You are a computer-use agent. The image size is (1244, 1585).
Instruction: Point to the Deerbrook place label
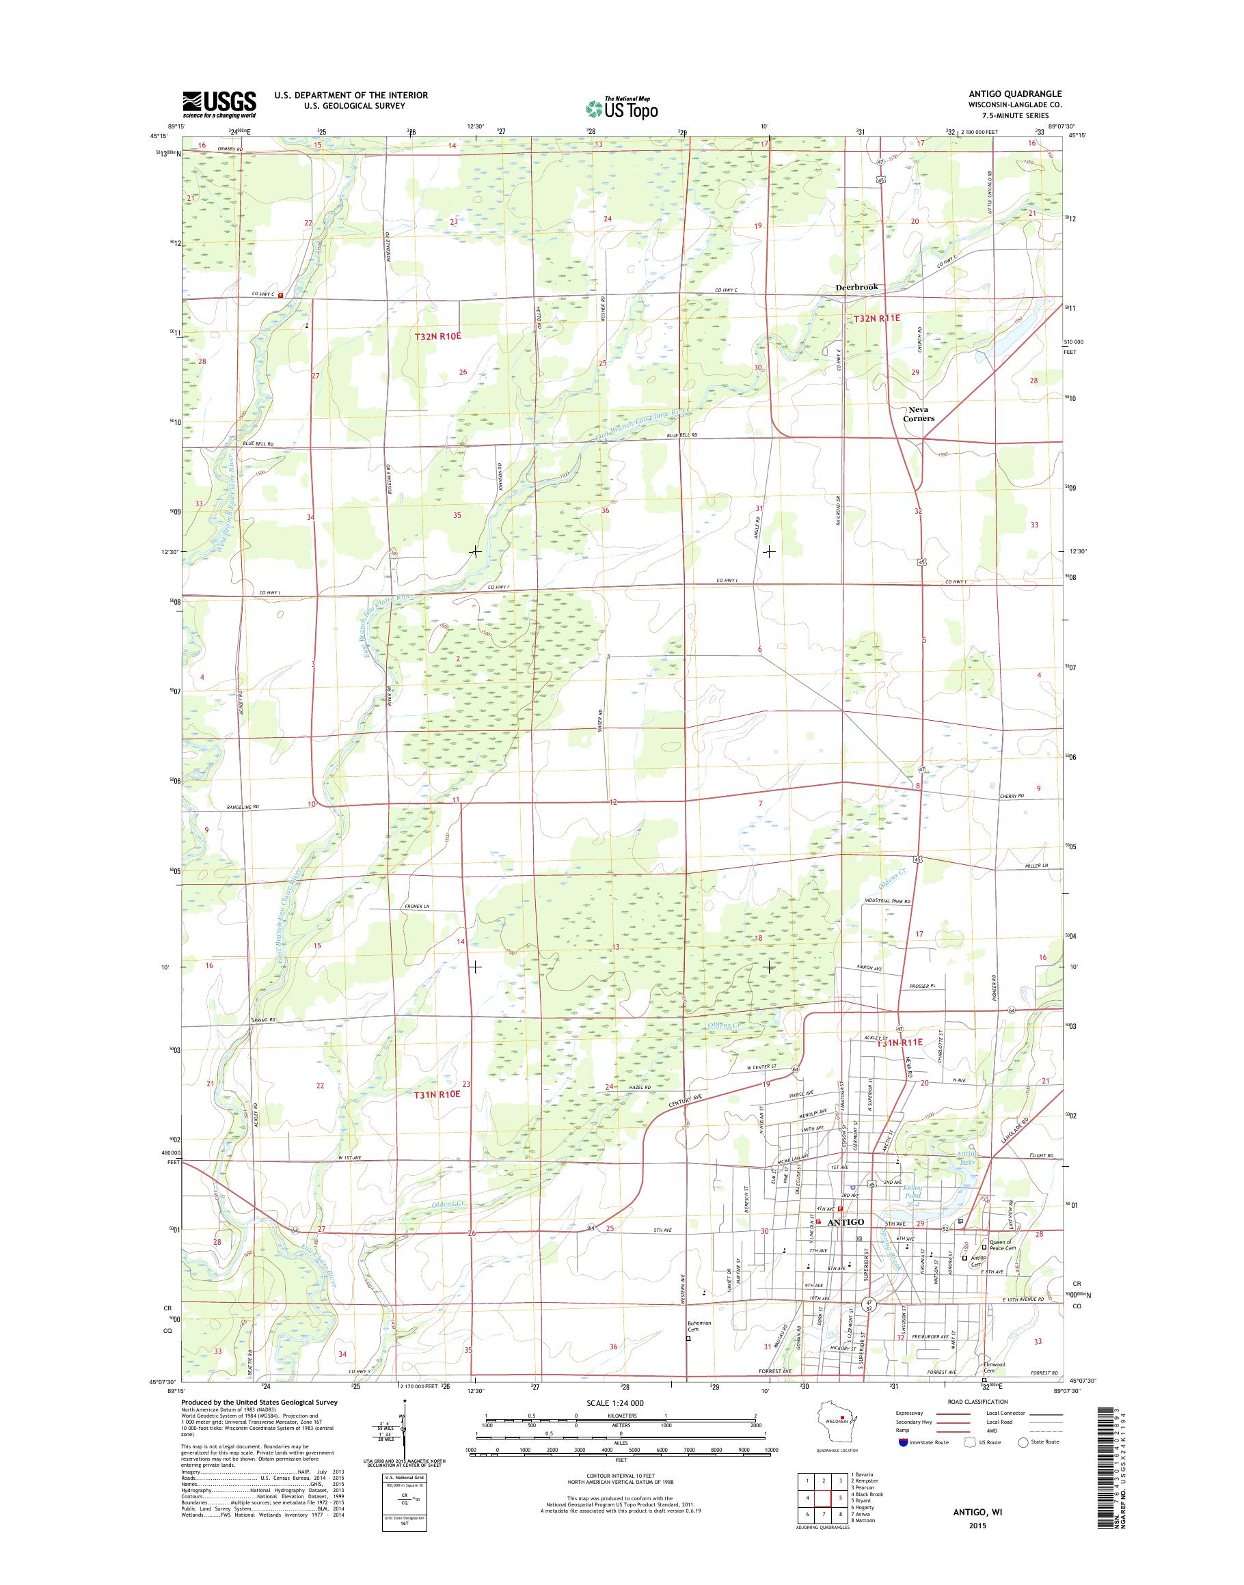point(856,287)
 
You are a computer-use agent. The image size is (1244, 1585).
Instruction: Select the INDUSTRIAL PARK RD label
point(888,901)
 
